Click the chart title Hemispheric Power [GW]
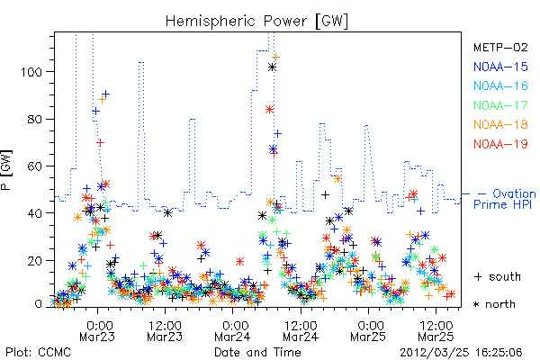[x=256, y=21]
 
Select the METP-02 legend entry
[x=500, y=47]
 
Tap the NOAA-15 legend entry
[x=500, y=67]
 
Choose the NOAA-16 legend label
[x=500, y=85]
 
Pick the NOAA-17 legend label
[x=500, y=105]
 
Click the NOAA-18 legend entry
[x=500, y=124]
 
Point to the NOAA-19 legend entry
[x=500, y=144]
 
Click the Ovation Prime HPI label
[x=505, y=199]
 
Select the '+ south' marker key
[x=498, y=276]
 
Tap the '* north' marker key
[x=494, y=304]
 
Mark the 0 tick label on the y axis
[x=39, y=304]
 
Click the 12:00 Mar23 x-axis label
[x=165, y=331]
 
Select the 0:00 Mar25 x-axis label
[x=368, y=331]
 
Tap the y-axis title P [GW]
[x=7, y=170]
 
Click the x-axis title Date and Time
[x=257, y=353]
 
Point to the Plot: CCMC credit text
[x=38, y=353]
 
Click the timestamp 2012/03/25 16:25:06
[x=461, y=353]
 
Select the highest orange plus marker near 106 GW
[x=275, y=58]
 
